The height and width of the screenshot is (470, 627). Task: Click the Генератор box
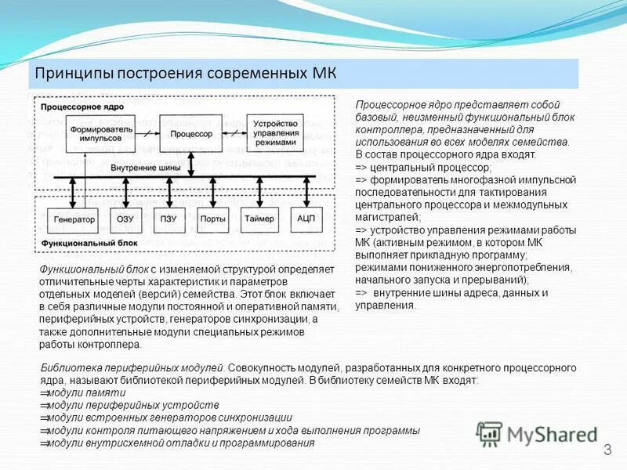74,220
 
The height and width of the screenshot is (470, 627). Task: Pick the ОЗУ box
125,220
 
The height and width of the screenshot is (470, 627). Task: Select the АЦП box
305,220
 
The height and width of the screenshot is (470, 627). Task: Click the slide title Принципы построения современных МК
183,74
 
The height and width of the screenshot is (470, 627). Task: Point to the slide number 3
607,450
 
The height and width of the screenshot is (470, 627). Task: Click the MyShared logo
537,433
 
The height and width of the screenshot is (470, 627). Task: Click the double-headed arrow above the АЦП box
305,193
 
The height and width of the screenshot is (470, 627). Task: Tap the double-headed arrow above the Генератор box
72,193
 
